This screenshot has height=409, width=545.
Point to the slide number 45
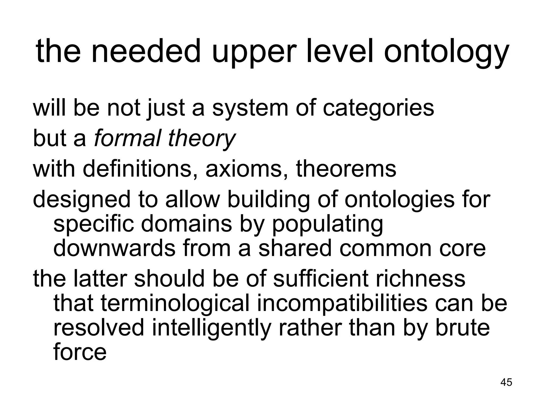(x=506, y=382)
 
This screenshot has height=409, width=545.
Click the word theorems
(x=346, y=169)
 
